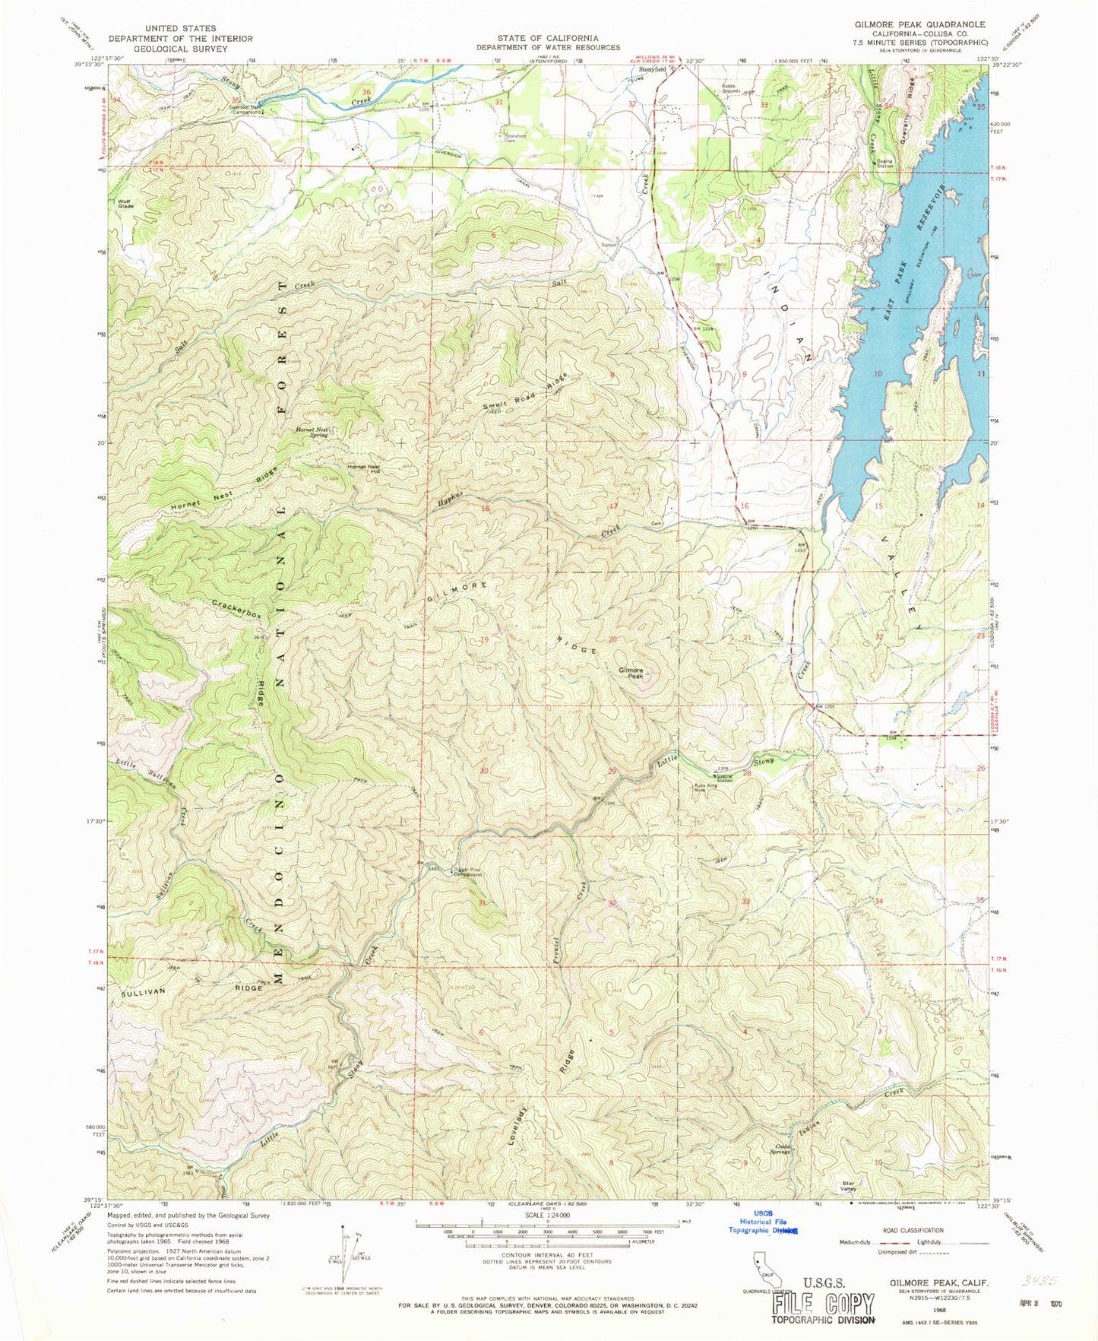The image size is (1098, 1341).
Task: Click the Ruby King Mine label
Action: (x=706, y=788)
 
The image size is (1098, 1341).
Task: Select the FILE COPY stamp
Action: (x=824, y=1305)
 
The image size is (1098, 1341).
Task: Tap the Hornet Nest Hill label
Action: (x=363, y=469)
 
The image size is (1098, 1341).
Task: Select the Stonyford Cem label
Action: (x=516, y=138)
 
